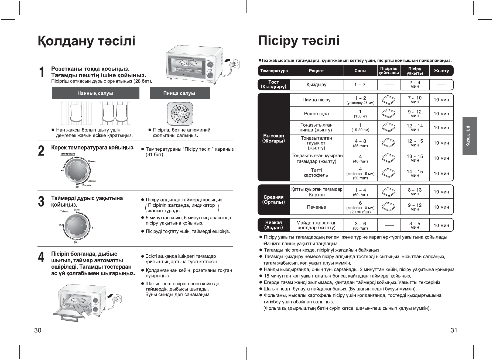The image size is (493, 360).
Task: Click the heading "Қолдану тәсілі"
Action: (x=87, y=41)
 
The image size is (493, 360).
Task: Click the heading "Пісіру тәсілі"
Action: (x=299, y=41)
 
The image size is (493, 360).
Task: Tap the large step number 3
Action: (x=41, y=202)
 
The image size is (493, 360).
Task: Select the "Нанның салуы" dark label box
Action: (x=95, y=93)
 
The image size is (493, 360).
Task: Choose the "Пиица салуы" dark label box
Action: (x=179, y=93)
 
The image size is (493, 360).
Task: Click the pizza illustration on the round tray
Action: (x=180, y=113)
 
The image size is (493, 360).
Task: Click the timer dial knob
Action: (x=77, y=226)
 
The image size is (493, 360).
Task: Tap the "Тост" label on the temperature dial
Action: (x=77, y=186)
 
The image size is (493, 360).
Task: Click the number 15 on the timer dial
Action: (x=60, y=225)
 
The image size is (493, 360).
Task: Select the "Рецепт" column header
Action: (x=316, y=71)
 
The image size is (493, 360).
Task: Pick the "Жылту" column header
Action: (x=441, y=71)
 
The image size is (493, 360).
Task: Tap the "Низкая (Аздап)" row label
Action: (x=273, y=225)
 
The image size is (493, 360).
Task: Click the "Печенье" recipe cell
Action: (x=316, y=207)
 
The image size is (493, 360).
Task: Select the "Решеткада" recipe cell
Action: (x=316, y=114)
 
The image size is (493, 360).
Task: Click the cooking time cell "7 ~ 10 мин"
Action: (x=415, y=100)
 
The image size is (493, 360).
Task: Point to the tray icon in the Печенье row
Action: (x=389, y=207)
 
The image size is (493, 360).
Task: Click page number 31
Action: (x=454, y=330)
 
